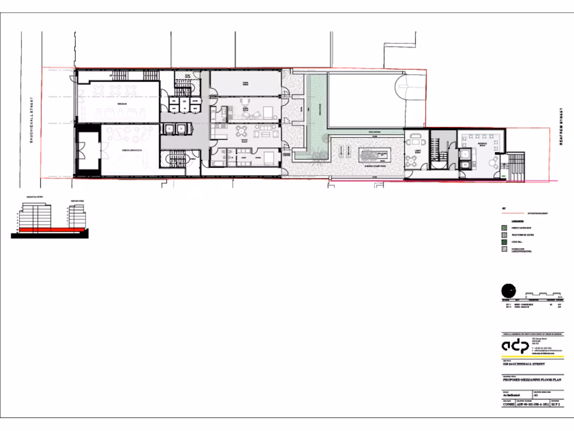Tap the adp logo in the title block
click(x=515, y=345)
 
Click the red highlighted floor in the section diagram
click(x=50, y=230)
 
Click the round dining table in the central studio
click(x=242, y=131)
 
